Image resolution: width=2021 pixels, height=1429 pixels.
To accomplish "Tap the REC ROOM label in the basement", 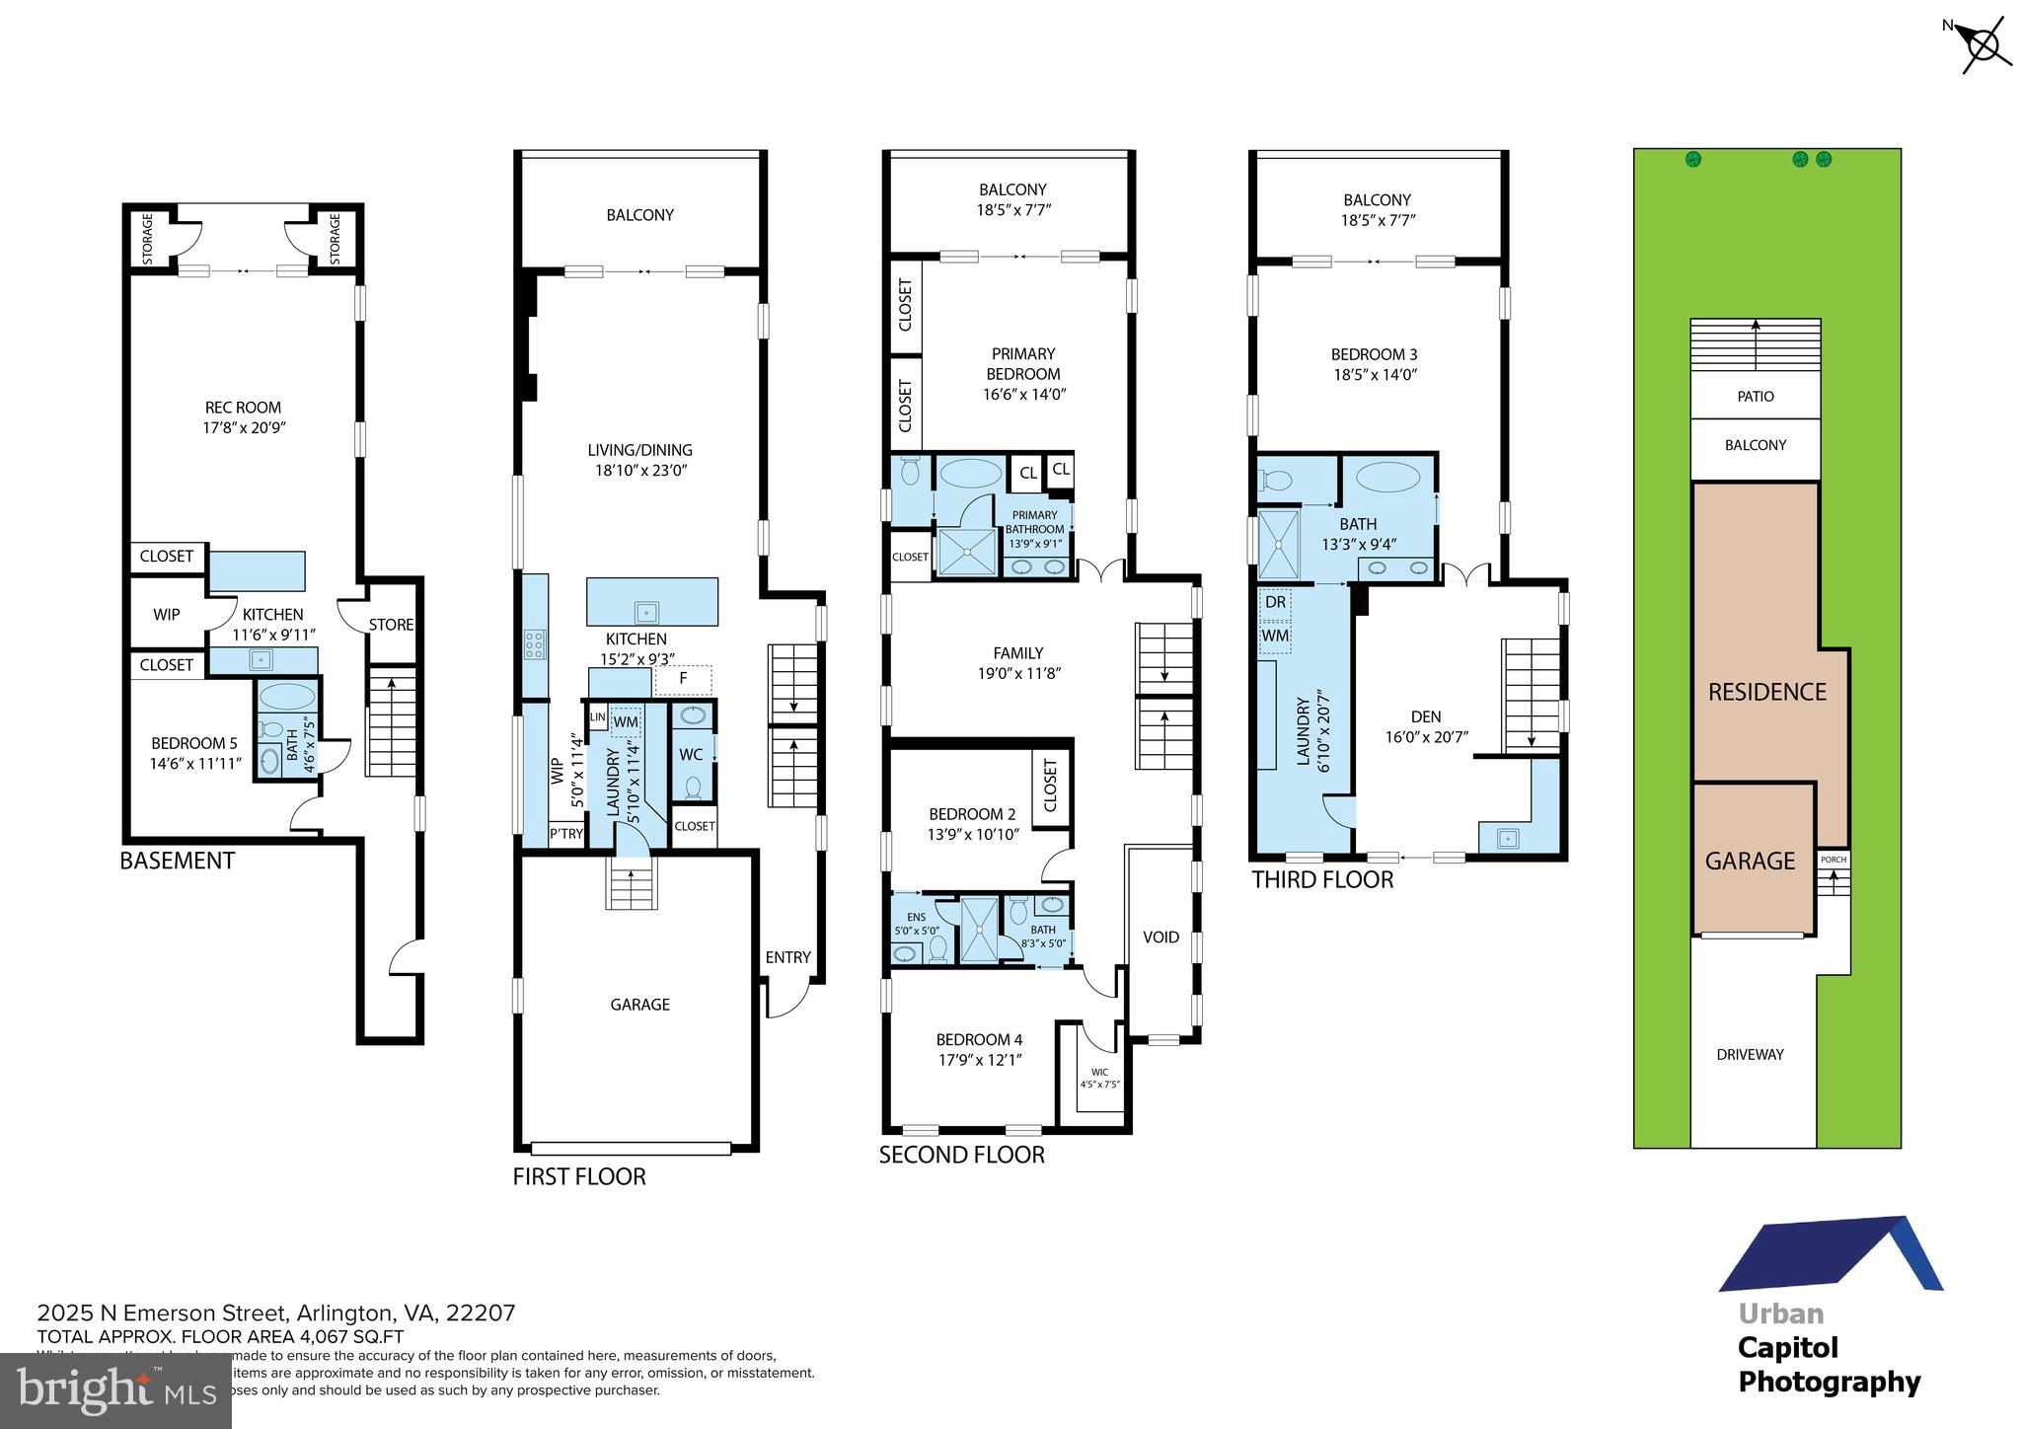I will tap(243, 407).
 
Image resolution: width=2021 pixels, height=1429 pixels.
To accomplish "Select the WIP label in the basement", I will tap(166, 615).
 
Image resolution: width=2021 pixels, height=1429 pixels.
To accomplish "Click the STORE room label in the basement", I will tap(391, 625).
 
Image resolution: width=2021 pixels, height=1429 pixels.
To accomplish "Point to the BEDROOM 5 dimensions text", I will tap(194, 763).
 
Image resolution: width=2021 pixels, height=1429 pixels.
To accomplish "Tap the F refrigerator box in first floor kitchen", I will tap(683, 679).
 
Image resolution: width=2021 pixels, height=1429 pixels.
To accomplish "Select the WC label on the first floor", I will tap(691, 755).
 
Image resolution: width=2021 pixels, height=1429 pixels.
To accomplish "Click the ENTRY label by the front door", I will tap(787, 957).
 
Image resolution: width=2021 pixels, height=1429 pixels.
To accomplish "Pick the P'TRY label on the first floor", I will tap(565, 834).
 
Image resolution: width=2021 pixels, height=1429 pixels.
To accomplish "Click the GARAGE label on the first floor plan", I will tap(639, 1005).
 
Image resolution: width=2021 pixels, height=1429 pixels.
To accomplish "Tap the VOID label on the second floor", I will tap(1160, 937).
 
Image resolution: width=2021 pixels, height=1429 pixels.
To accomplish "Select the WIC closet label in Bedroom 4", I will tap(1099, 1072).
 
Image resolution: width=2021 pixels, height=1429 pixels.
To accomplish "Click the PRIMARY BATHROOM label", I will tap(1034, 522).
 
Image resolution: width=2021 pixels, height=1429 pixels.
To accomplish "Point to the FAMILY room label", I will tap(1017, 653).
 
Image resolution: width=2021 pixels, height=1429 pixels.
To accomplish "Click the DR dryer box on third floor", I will tap(1275, 602).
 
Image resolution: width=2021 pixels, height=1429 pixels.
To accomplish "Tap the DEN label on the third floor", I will tap(1425, 716).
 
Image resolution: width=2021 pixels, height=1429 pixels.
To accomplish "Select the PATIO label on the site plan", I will tap(1755, 397).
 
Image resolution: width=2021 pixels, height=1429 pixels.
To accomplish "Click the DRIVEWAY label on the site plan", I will tap(1750, 1055).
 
